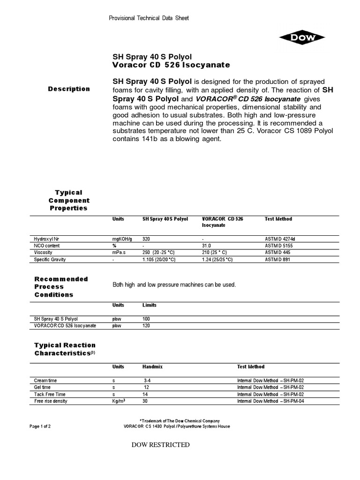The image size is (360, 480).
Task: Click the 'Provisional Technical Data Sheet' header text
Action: (149, 18)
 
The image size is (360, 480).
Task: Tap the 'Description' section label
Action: (69, 89)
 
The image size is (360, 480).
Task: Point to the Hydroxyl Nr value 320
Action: (147, 239)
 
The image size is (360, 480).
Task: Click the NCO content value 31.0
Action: (206, 246)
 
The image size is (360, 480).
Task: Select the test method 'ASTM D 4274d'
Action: (280, 239)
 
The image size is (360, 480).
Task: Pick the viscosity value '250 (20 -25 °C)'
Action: (159, 253)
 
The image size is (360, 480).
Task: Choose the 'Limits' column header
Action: (150, 305)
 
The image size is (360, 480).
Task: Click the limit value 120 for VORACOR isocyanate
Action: (146, 325)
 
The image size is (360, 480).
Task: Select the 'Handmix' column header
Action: (152, 367)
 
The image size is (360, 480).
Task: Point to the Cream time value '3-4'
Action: (148, 381)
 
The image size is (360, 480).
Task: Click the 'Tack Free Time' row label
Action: (50, 394)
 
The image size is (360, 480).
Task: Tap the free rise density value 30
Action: (145, 401)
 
